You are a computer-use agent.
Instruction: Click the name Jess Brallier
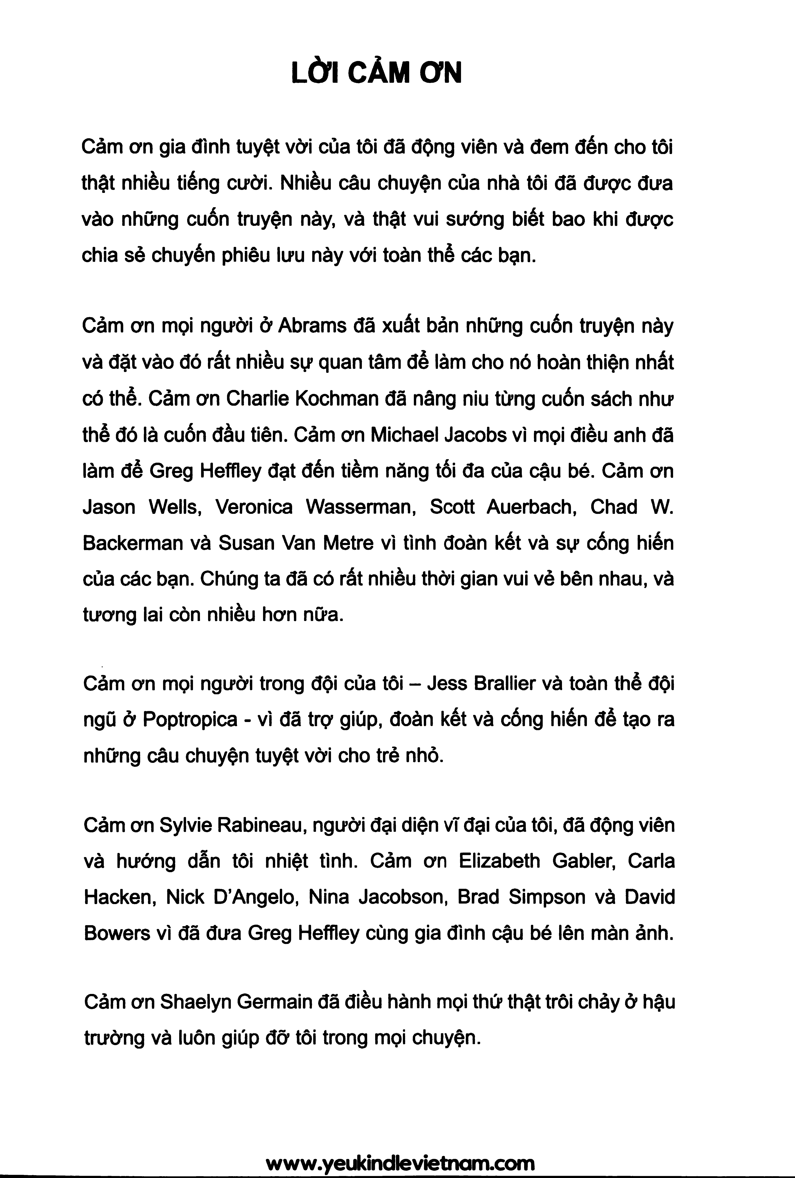481,684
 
